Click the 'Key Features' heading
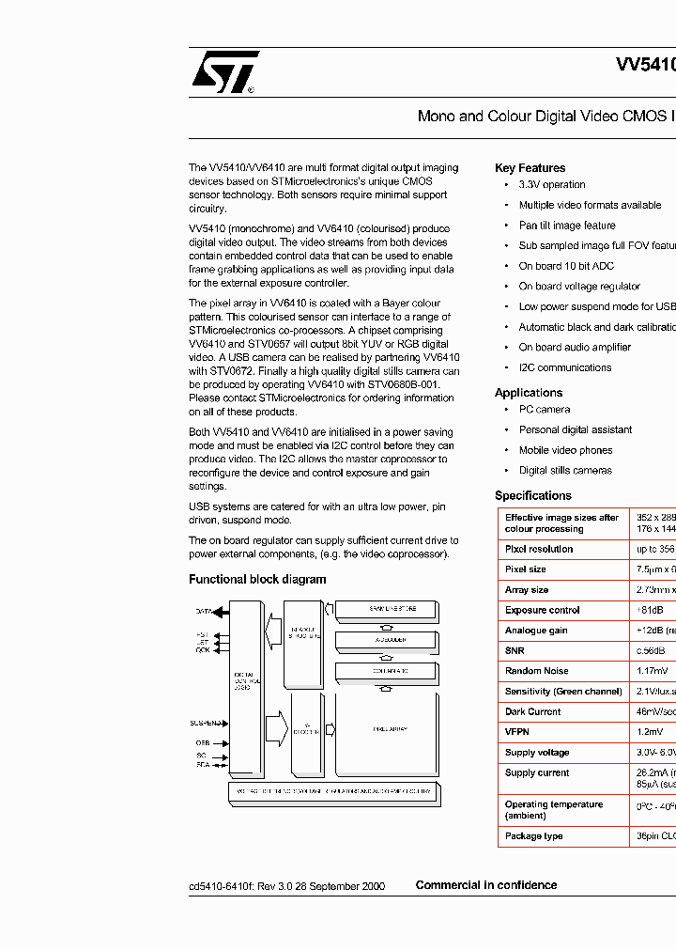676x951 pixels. (x=530, y=168)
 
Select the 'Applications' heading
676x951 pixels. (x=529, y=393)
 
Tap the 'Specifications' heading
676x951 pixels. (x=532, y=495)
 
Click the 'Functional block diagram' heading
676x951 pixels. (x=257, y=580)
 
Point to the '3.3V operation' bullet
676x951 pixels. (x=552, y=185)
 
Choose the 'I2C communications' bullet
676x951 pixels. (x=564, y=367)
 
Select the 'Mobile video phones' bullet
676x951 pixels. (x=565, y=450)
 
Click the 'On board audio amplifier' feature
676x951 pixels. (x=575, y=347)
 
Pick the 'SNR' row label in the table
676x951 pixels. (x=515, y=650)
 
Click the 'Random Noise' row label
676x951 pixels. (x=536, y=671)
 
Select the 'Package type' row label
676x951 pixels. (x=533, y=835)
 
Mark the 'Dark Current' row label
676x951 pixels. (x=532, y=711)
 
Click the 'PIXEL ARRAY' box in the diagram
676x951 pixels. (x=386, y=729)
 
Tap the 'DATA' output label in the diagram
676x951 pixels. (x=204, y=611)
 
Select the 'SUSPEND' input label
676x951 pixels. (x=206, y=723)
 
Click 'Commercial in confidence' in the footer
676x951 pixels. (x=485, y=885)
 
